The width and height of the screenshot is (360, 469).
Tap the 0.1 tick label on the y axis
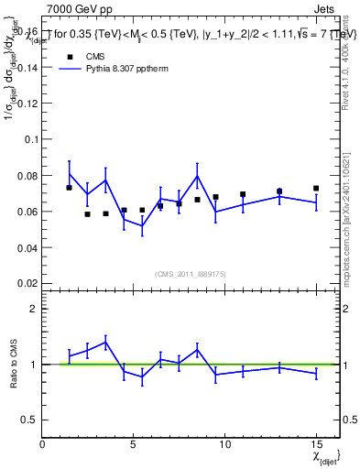point(31,139)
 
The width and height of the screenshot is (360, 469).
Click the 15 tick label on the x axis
point(316,444)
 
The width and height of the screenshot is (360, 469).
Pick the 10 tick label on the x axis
point(225,444)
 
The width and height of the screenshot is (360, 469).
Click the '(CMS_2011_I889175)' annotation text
point(190,275)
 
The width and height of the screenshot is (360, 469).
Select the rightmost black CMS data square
point(316,189)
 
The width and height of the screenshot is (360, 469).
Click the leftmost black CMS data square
point(70,188)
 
